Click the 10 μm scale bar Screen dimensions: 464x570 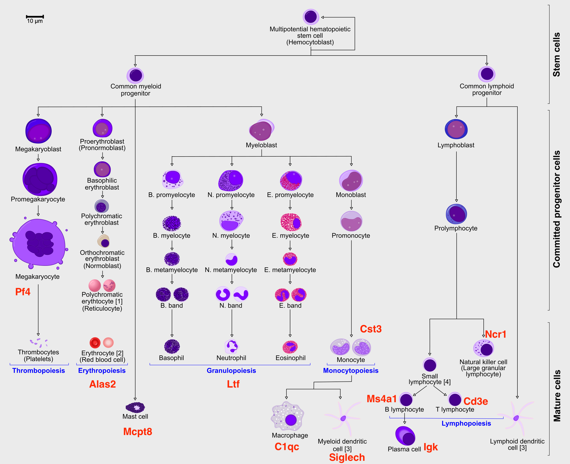(x=35, y=17)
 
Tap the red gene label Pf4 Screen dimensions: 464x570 (x=23, y=292)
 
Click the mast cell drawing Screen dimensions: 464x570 (x=135, y=407)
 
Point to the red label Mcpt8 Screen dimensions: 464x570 (x=137, y=432)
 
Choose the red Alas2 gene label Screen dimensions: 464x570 (x=102, y=384)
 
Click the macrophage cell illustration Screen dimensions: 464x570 (x=288, y=416)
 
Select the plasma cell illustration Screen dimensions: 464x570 (x=405, y=436)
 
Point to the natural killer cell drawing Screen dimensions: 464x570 (x=483, y=348)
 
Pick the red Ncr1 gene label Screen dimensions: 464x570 (x=495, y=334)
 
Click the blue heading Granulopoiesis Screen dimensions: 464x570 (x=231, y=370)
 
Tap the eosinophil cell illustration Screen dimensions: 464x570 (x=290, y=347)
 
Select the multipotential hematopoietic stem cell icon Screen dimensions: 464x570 (x=311, y=17)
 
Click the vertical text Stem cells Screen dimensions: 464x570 (x=556, y=55)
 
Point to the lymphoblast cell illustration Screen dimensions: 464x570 (x=456, y=129)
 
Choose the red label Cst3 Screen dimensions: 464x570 (x=371, y=329)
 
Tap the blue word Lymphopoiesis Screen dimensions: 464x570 (x=466, y=423)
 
